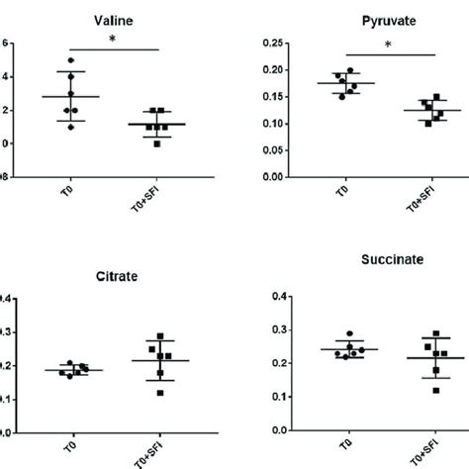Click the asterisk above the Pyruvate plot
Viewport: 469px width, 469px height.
pyautogui.click(x=388, y=45)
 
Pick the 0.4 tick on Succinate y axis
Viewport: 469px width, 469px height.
pyautogui.click(x=264, y=296)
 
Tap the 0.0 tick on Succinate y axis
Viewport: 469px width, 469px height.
pyautogui.click(x=264, y=431)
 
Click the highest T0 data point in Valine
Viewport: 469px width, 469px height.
pyautogui.click(x=70, y=61)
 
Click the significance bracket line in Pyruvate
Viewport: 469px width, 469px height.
pyautogui.click(x=388, y=54)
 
